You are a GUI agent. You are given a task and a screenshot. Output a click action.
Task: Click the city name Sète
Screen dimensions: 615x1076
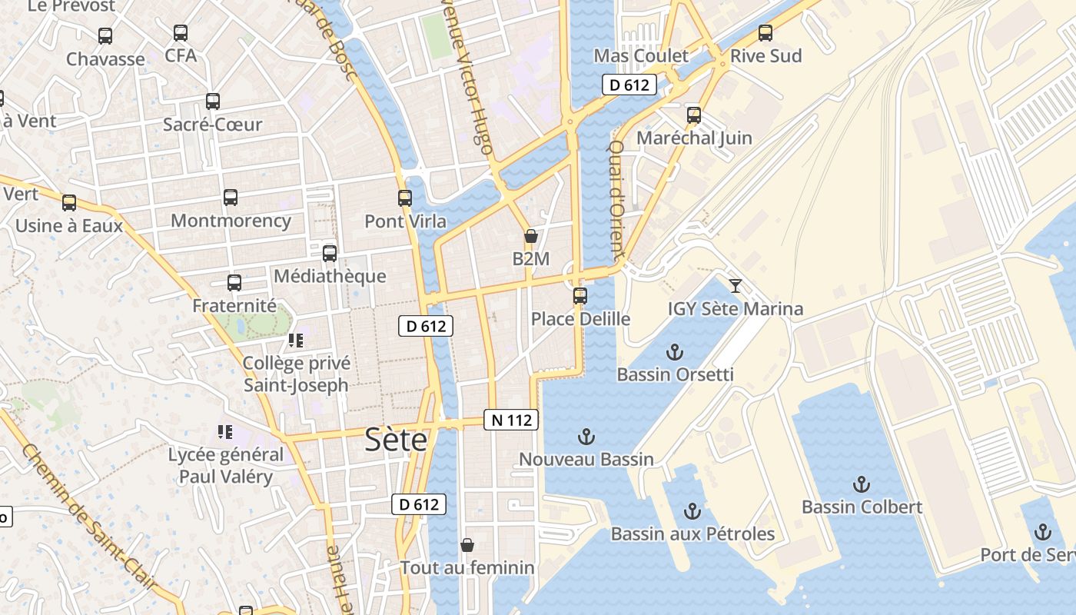coord(396,439)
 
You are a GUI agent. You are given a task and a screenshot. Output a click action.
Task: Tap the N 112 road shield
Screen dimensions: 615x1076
coord(511,420)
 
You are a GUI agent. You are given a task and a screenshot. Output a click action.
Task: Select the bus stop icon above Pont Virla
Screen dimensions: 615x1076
coord(405,198)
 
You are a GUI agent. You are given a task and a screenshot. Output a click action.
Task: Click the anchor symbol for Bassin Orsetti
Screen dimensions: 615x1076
coord(674,352)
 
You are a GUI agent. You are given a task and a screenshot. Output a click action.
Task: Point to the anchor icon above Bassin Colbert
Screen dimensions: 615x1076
coord(861,484)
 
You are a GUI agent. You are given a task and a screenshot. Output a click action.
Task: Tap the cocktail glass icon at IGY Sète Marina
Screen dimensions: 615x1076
coord(736,286)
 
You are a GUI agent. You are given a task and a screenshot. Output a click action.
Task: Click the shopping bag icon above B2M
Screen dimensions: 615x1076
coord(530,236)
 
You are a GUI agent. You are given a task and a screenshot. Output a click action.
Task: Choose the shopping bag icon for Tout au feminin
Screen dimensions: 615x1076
coord(467,545)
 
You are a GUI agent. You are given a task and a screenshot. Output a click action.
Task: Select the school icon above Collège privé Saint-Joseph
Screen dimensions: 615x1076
coord(296,340)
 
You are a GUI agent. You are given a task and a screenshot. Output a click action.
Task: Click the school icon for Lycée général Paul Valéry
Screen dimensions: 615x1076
coord(225,432)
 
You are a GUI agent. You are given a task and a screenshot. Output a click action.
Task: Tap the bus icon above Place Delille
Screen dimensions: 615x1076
coord(580,296)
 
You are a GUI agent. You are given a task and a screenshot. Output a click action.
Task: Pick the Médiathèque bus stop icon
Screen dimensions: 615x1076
coord(330,253)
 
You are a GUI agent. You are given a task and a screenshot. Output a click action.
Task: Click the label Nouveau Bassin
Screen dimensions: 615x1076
coord(586,460)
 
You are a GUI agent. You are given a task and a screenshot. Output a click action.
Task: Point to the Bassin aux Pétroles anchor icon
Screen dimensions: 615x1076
coord(692,511)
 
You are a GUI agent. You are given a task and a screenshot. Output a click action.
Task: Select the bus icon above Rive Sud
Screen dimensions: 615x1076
coord(765,33)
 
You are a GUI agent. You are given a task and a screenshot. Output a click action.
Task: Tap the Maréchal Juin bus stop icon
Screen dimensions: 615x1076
coord(694,115)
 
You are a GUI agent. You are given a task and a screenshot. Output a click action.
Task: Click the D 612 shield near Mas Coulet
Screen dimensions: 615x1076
coord(629,85)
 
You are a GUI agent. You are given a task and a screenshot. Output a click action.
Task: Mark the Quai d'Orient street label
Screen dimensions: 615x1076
coord(616,198)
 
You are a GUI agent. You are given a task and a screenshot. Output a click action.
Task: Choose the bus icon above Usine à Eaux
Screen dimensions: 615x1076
coord(69,203)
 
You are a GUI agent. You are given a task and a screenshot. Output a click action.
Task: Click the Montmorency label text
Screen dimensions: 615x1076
coord(231,221)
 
